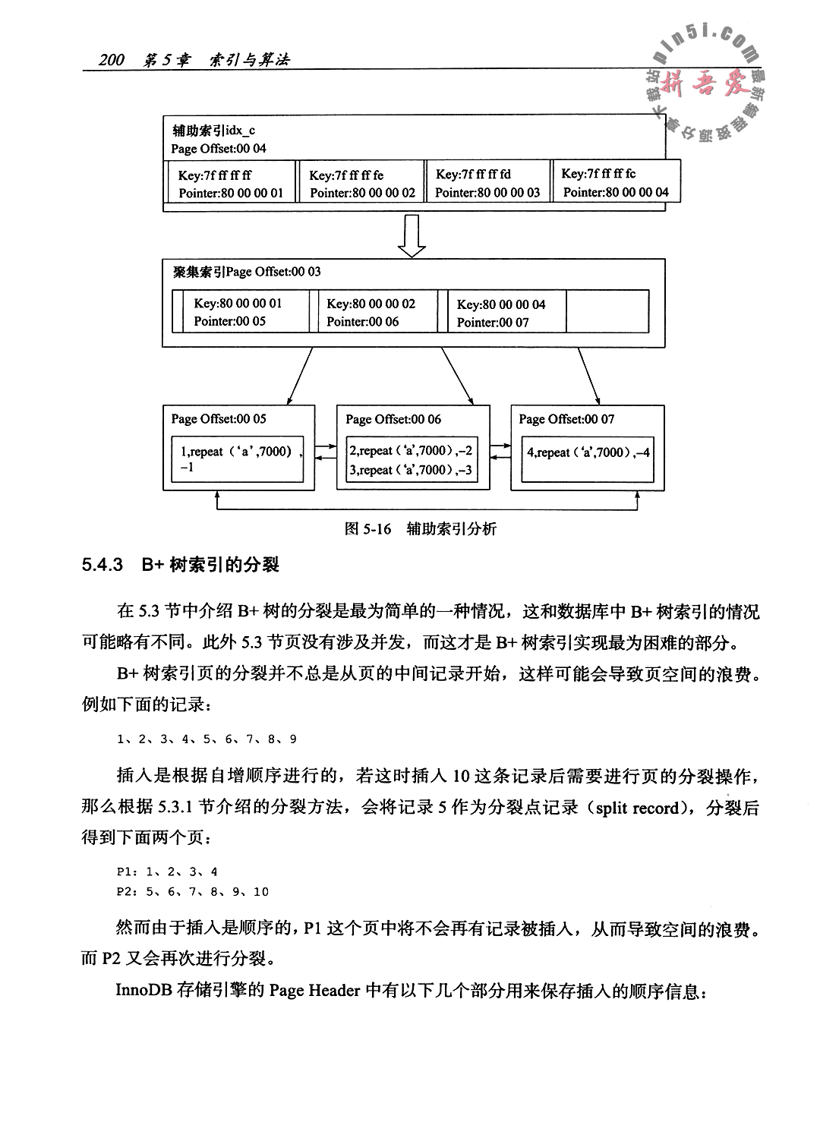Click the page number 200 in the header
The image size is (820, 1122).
click(112, 60)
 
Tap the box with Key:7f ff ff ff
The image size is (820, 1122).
click(229, 183)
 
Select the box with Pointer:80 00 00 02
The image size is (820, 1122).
click(361, 183)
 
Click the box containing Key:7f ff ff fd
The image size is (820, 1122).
click(487, 183)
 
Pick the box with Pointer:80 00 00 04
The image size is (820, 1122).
click(615, 182)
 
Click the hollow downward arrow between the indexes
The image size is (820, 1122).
click(412, 235)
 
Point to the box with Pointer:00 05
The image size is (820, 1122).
click(239, 312)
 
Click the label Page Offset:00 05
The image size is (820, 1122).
click(219, 419)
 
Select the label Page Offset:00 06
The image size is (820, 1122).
click(393, 419)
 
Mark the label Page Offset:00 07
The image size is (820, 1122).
click(566, 419)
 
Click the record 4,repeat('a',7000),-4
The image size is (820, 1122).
click(588, 452)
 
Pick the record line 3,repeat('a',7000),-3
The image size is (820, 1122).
click(411, 471)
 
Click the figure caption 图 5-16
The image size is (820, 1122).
click(367, 529)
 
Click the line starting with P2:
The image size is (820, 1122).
click(192, 892)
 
